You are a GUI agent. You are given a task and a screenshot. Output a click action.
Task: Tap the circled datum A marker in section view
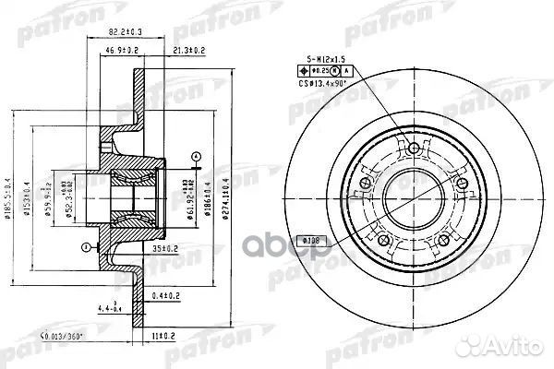195,154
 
